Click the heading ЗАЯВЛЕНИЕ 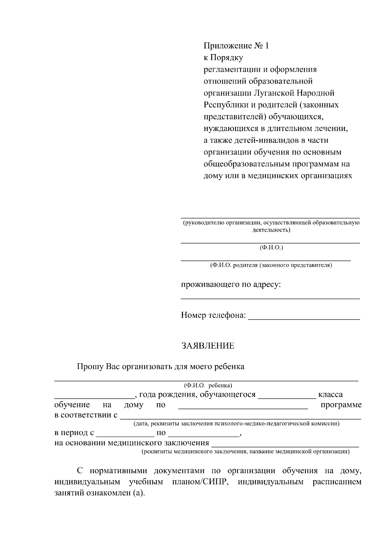click(208, 346)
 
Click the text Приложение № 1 click(236, 46)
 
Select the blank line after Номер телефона click(304, 318)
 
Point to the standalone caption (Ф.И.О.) click(271, 247)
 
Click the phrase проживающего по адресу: click(231, 284)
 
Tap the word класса click(330, 395)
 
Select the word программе click(341, 405)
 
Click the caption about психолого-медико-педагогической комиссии click(236, 423)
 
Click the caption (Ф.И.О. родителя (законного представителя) click(271, 265)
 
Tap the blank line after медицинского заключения click(285, 445)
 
